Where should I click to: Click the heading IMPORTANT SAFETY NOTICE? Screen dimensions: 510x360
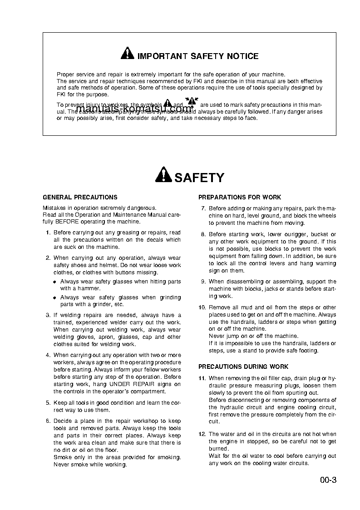point(197,56)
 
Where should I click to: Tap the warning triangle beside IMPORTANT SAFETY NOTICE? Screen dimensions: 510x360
point(127,54)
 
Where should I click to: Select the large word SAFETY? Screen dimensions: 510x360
point(199,178)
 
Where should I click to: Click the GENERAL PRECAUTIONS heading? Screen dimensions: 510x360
point(80,198)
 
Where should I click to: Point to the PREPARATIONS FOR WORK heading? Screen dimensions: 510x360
point(240,198)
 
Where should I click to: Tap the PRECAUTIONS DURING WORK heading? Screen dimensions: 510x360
point(243,366)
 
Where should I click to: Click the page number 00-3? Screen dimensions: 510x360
point(327,480)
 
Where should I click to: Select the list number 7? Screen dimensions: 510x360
point(203,208)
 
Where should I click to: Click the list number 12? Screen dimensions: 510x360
point(202,434)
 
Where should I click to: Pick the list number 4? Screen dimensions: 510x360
point(48,355)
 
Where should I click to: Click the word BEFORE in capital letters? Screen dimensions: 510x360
point(67,222)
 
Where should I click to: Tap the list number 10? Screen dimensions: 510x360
point(202,307)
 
